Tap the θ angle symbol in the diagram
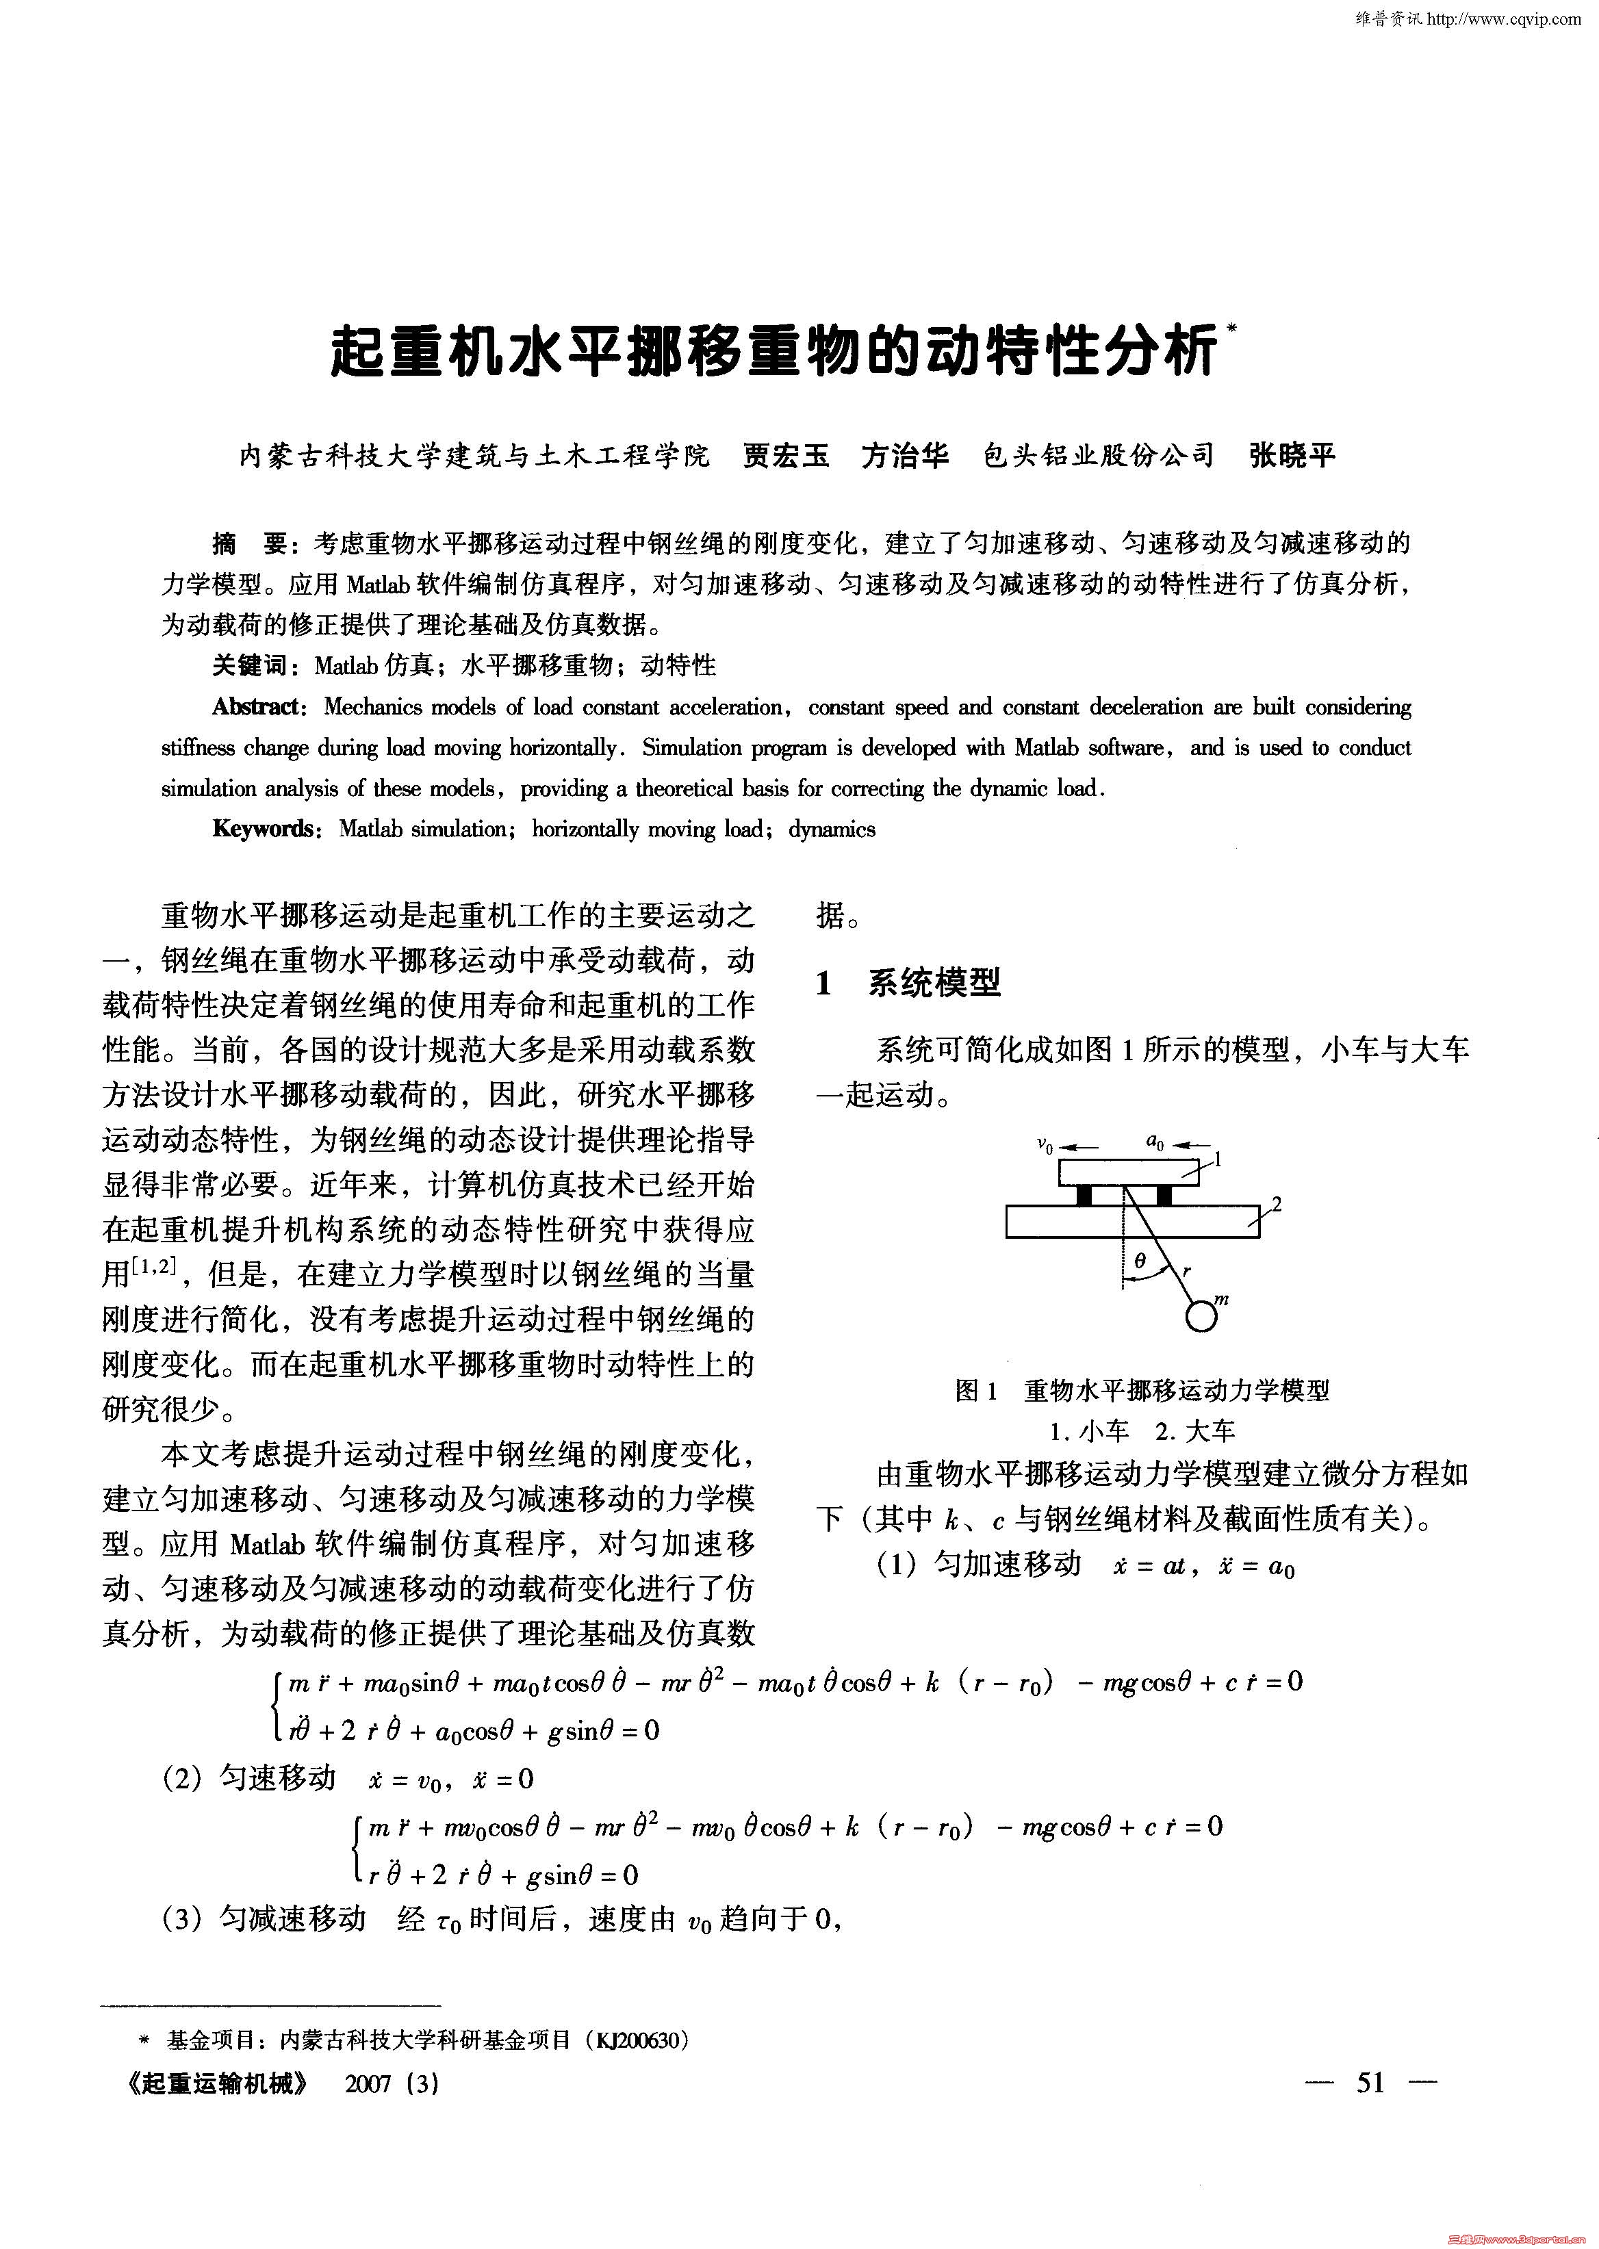click(x=1140, y=1261)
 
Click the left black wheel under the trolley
click(x=1084, y=1196)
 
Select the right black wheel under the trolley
click(x=1164, y=1196)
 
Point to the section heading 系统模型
click(x=934, y=982)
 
